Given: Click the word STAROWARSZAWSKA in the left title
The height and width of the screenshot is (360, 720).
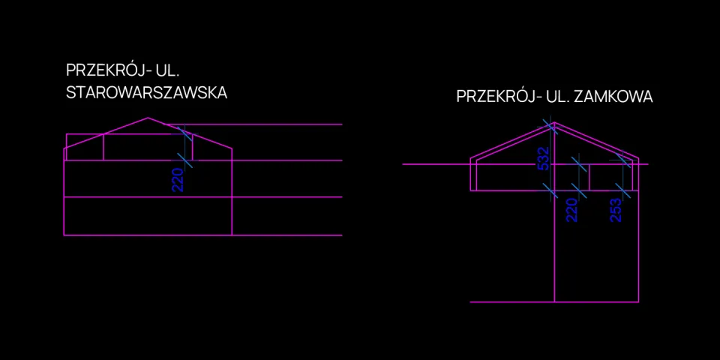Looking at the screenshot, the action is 146,93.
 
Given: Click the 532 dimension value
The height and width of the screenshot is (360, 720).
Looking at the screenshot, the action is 543,159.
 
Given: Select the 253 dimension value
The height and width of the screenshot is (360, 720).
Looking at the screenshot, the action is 616,210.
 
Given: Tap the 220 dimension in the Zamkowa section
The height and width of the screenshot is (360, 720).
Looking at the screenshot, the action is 571,210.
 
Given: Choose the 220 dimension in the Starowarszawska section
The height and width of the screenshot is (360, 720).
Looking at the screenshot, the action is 178,180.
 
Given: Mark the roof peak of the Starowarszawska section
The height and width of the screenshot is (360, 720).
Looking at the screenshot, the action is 148,118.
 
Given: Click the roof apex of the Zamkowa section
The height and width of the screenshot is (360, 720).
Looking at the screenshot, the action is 555,122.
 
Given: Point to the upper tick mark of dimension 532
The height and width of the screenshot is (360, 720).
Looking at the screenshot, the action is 550,126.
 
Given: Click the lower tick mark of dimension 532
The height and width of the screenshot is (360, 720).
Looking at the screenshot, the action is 550,190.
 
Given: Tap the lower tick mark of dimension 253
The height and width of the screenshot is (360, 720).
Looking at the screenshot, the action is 623,190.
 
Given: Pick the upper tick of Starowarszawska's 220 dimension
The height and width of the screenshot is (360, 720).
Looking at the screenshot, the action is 184,134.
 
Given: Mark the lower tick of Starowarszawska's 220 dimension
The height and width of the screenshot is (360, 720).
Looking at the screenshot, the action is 184,160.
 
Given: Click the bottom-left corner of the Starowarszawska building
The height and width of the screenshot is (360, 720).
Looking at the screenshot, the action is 64,235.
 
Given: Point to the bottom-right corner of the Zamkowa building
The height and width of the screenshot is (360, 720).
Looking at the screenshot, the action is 639,302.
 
